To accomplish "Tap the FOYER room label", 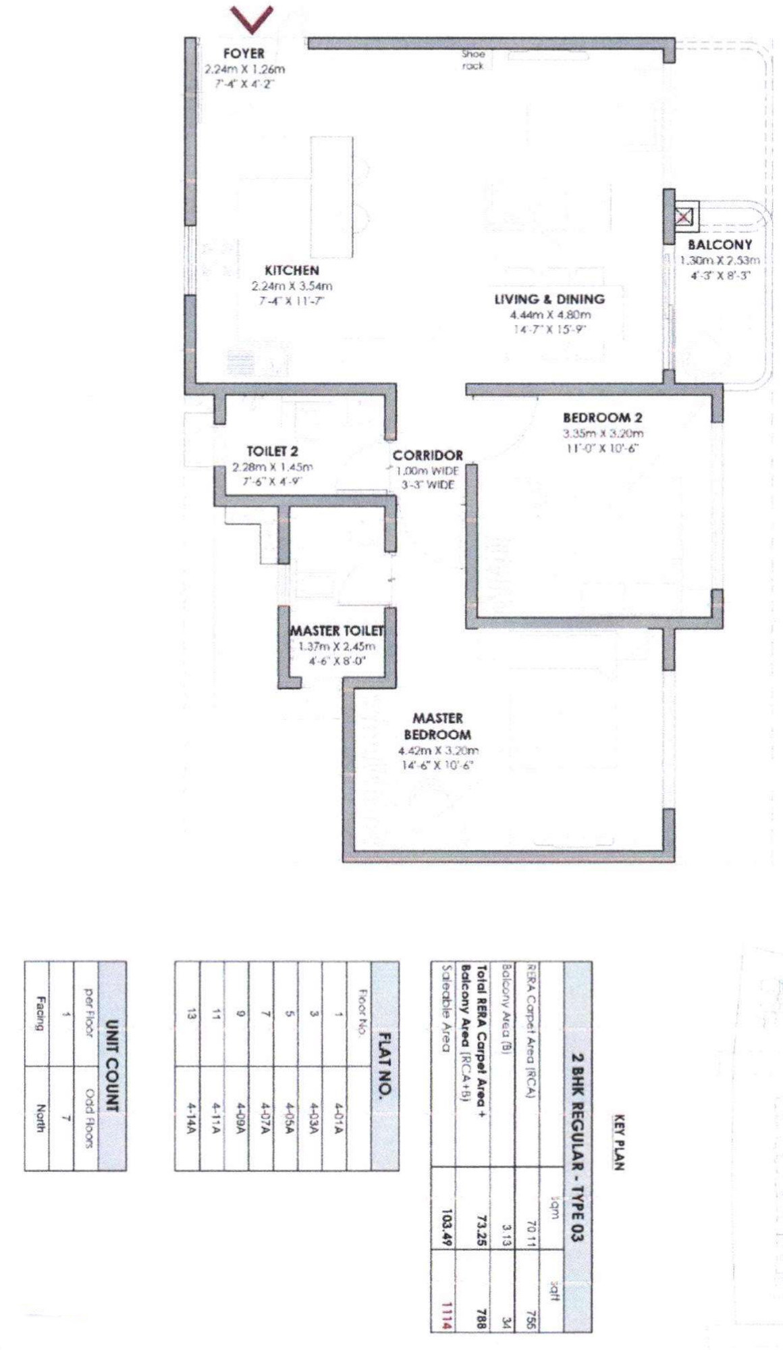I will coord(244,53).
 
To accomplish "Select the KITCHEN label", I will coord(292,270).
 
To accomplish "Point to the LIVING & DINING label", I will coord(549,299).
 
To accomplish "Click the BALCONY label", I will coord(720,245).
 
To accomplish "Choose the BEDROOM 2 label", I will coord(602,418).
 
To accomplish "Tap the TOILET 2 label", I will coord(272,451).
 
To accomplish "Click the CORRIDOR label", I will coord(428,456).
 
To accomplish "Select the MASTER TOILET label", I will coord(337,631).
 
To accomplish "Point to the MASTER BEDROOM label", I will coord(437,726).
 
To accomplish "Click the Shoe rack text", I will coord(473,59).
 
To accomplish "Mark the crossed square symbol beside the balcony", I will coord(684,217).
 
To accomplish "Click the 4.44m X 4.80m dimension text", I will coord(550,315).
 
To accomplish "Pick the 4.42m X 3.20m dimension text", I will coord(438,751).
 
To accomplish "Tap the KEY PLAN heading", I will coord(618,1141).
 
